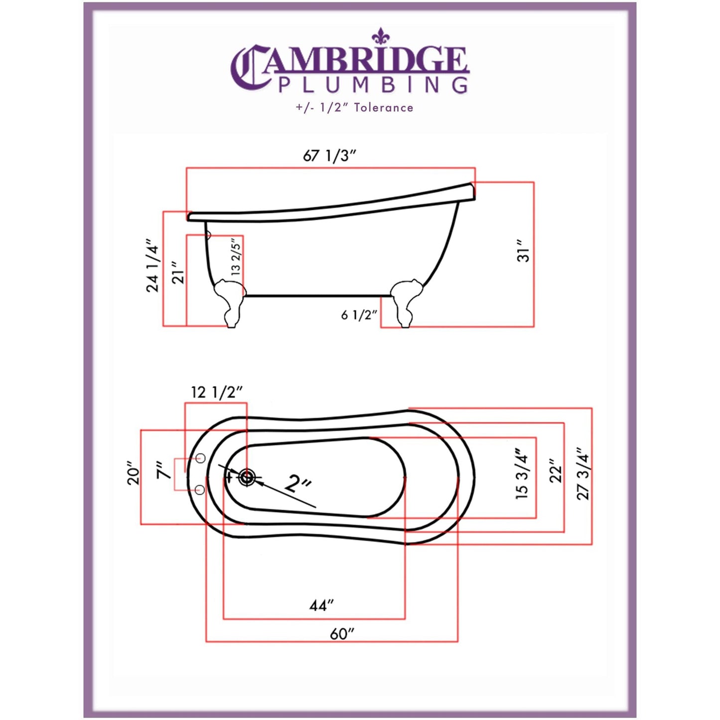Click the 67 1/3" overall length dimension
329,155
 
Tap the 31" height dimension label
523,251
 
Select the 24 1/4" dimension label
152,269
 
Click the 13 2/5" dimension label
236,256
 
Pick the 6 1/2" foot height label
359,315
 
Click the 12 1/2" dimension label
216,392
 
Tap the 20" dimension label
134,473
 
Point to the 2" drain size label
298,483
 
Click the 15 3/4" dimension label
521,474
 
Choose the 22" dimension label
555,471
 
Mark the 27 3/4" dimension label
582,474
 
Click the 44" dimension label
321,605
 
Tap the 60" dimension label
342,634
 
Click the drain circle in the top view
247,477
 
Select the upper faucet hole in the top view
201,458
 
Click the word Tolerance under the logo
383,108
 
